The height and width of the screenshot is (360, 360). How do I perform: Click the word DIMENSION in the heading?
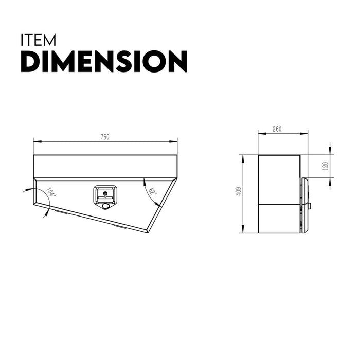[103, 62]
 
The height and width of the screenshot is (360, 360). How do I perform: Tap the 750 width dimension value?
[105, 137]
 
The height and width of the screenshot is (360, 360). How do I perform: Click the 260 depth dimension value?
[277, 129]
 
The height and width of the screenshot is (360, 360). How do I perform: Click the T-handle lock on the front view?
[105, 195]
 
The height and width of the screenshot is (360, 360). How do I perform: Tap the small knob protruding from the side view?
[310, 206]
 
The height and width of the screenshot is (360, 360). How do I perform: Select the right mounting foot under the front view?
[119, 225]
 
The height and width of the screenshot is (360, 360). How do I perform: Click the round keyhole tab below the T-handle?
[106, 206]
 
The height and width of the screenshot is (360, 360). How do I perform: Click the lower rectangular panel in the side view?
[279, 218]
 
